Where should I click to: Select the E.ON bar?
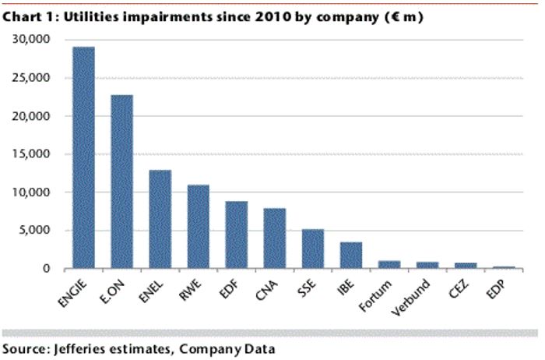pos(121,182)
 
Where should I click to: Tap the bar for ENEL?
pos(160,219)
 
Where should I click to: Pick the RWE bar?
pos(198,227)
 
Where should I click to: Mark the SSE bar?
pos(312,249)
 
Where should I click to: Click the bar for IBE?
pos(350,256)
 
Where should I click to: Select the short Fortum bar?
pos(389,265)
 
